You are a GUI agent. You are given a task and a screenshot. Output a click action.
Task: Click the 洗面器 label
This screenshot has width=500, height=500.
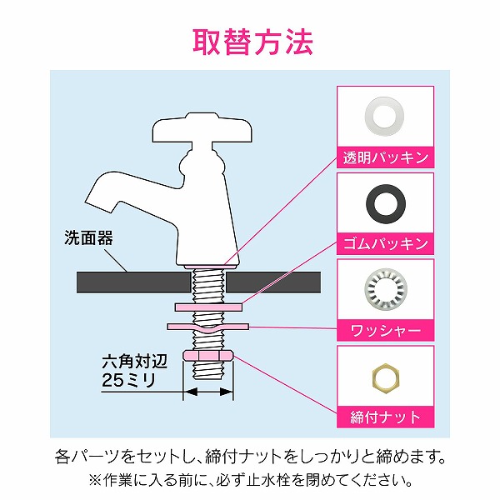click(x=87, y=238)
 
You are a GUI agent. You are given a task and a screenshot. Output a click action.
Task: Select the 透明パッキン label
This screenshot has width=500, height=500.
click(x=385, y=156)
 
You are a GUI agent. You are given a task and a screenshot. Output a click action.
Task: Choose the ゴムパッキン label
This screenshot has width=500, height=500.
click(x=385, y=243)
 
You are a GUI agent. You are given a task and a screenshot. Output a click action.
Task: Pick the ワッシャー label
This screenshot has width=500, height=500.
click(x=385, y=330)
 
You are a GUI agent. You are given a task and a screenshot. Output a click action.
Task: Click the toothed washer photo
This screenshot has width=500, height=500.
click(x=385, y=287)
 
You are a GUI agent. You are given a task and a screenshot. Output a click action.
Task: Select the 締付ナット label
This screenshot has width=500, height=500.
click(x=385, y=417)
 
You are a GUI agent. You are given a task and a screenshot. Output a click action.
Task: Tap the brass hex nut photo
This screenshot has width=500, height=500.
click(x=385, y=375)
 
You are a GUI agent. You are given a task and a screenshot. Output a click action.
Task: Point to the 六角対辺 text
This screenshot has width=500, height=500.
click(x=131, y=362)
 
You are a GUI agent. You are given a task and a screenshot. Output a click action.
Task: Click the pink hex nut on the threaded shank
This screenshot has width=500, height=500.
click(x=207, y=356)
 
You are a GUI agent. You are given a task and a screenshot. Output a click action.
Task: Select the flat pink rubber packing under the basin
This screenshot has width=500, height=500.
click(x=207, y=307)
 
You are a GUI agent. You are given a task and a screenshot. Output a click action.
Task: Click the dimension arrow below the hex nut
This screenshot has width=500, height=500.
click(x=207, y=390)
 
